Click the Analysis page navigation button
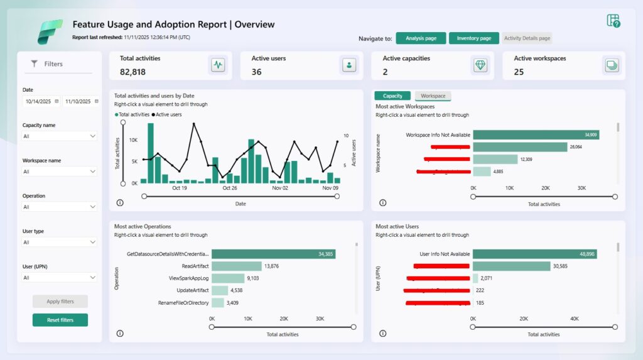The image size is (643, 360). click(x=421, y=38)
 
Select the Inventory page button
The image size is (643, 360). click(x=474, y=38)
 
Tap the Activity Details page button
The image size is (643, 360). click(x=527, y=38)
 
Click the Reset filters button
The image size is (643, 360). click(x=60, y=320)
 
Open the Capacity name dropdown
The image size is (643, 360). click(x=60, y=136)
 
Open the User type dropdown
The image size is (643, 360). click(x=60, y=242)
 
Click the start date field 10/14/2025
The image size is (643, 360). click(x=41, y=101)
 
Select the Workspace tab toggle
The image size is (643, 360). click(x=433, y=96)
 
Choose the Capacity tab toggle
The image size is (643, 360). click(x=392, y=96)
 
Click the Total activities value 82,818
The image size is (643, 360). click(x=132, y=72)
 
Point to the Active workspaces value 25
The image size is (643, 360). click(x=519, y=72)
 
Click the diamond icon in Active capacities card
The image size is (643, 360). click(x=480, y=65)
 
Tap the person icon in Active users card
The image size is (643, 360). click(x=349, y=65)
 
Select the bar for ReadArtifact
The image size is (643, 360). click(x=236, y=266)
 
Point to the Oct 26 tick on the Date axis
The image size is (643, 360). click(x=230, y=188)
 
